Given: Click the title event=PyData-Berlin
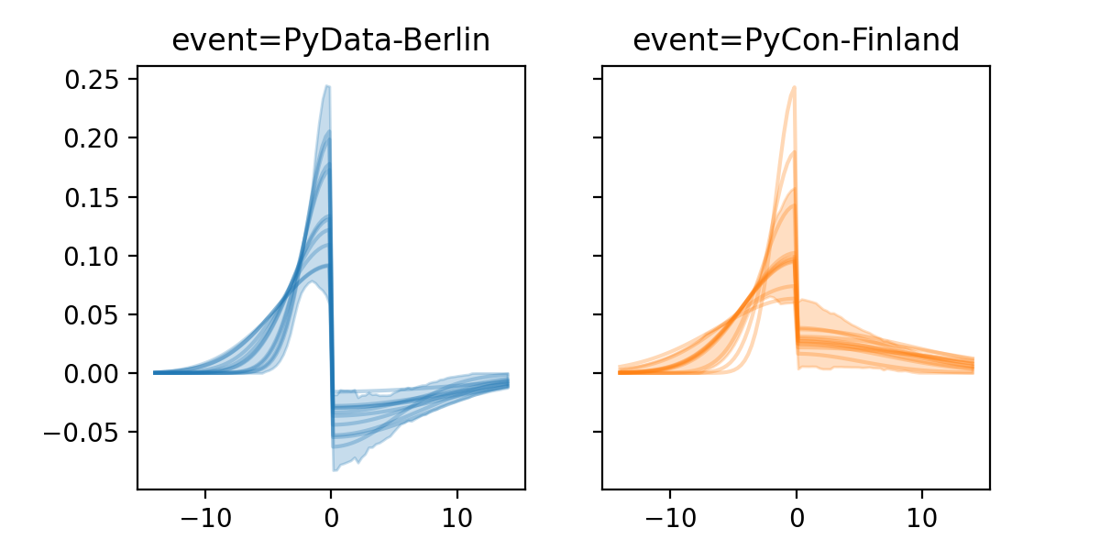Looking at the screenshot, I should pyautogui.click(x=331, y=40).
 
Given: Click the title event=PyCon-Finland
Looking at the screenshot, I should pyautogui.click(x=796, y=40).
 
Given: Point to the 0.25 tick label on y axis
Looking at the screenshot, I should pyautogui.click(x=93, y=80).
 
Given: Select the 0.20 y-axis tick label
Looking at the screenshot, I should pyautogui.click(x=93, y=138).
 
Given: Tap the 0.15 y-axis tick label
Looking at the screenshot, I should pyautogui.click(x=93, y=197).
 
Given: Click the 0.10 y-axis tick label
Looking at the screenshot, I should pyautogui.click(x=93, y=256).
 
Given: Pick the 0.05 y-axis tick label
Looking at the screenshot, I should pyautogui.click(x=93, y=314).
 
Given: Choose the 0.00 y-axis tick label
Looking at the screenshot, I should pyautogui.click(x=93, y=373).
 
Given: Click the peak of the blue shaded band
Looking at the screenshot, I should pyautogui.click(x=326, y=87).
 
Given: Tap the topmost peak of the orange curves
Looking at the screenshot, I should pyautogui.click(x=794, y=88).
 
